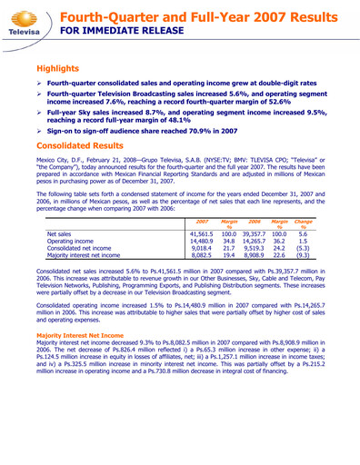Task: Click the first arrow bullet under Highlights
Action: click(40, 83)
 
